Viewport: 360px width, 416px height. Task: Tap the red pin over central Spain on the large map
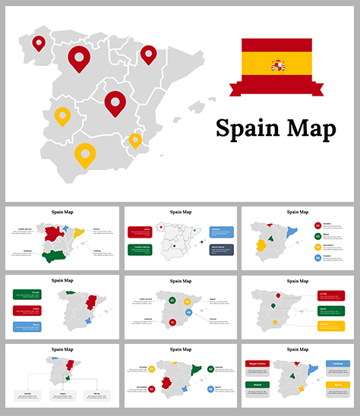click(x=115, y=102)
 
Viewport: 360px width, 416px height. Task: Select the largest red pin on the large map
click(x=78, y=57)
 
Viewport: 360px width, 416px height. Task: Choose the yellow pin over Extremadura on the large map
click(x=63, y=117)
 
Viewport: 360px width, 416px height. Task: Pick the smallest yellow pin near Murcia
click(x=135, y=140)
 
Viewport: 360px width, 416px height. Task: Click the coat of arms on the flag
click(x=278, y=66)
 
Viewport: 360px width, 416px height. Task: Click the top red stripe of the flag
click(x=276, y=45)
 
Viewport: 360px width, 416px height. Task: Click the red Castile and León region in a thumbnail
click(x=53, y=235)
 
